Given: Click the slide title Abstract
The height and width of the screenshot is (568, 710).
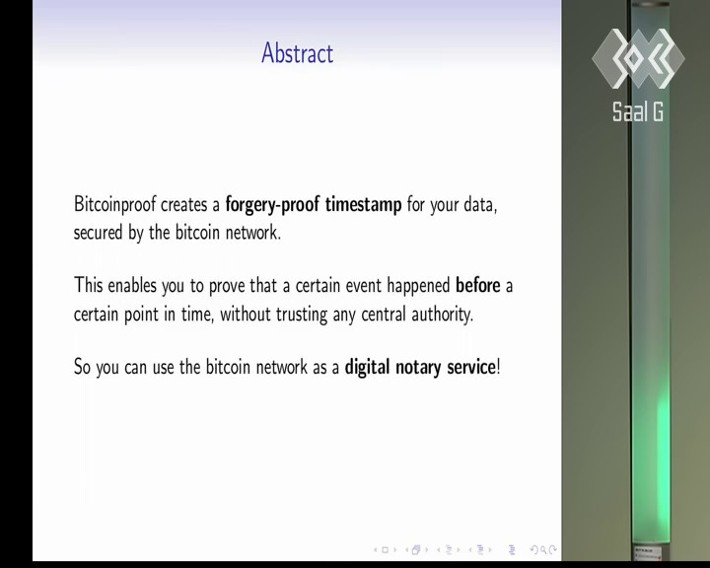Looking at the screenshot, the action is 298,53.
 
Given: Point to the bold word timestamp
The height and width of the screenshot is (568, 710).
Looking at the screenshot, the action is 363,205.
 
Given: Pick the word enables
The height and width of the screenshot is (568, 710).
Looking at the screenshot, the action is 132,285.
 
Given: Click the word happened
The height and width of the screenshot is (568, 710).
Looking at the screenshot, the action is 418,286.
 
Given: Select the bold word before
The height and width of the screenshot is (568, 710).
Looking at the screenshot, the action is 477,285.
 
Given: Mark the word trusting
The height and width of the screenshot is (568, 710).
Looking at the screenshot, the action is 302,315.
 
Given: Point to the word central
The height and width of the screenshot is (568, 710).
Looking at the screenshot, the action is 383,314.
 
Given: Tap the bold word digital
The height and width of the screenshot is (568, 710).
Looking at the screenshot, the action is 367,368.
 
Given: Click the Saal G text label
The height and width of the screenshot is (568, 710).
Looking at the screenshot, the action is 638,111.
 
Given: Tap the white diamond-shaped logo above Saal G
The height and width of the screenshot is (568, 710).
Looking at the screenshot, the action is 638,58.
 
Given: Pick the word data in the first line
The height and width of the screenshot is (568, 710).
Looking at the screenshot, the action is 480,205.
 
